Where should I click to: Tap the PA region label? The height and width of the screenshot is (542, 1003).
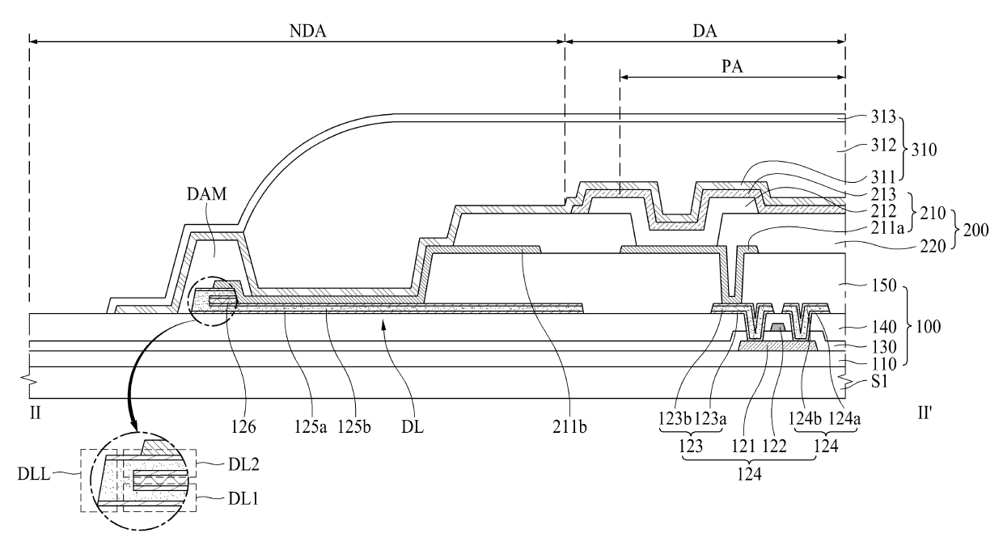click(733, 65)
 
